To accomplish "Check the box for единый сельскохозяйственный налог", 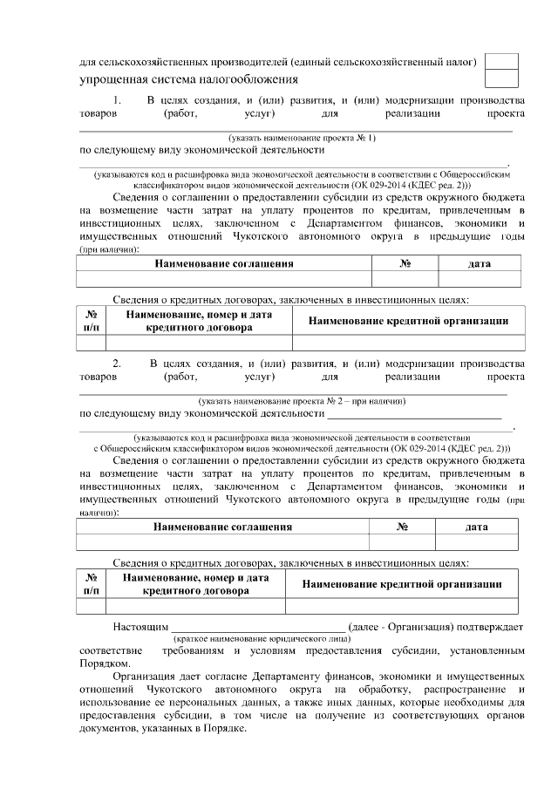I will coord(500,61).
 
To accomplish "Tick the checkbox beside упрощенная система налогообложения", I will coord(500,78).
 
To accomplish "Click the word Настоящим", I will coord(139,627).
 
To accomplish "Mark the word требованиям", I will coord(196,651).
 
